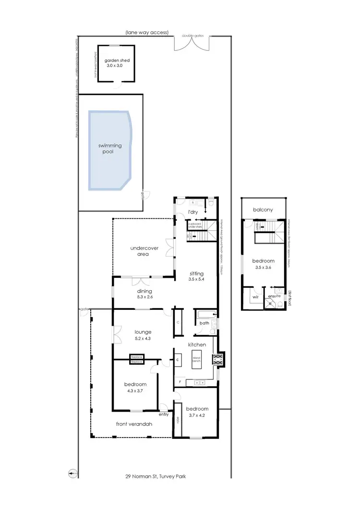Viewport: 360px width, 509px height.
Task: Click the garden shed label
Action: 118,61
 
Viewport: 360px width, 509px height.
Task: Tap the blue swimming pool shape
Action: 109,149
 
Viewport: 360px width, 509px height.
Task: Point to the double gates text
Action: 192,36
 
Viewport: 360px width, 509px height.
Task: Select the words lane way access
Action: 147,33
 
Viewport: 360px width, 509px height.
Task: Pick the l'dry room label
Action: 193,212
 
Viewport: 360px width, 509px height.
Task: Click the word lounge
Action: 143,331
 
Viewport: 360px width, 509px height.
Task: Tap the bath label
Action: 204,324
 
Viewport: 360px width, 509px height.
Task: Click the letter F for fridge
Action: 180,382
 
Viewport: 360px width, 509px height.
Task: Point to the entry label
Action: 163,414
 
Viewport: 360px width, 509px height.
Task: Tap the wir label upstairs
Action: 255,297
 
